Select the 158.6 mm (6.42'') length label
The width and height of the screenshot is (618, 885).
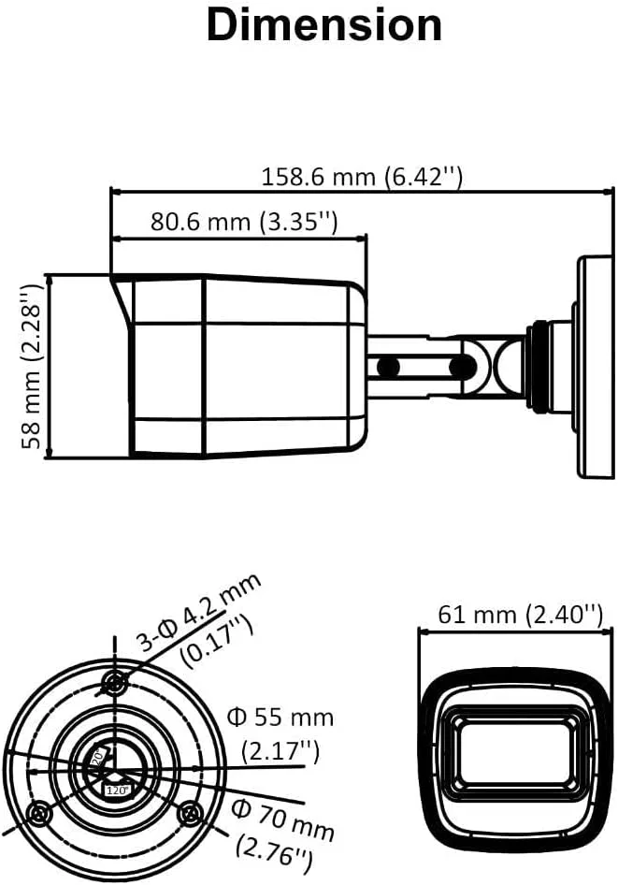point(362,176)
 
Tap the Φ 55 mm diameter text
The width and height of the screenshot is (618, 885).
point(280,718)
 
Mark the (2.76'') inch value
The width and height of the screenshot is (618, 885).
point(273,850)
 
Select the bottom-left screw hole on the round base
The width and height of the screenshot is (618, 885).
point(38,813)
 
